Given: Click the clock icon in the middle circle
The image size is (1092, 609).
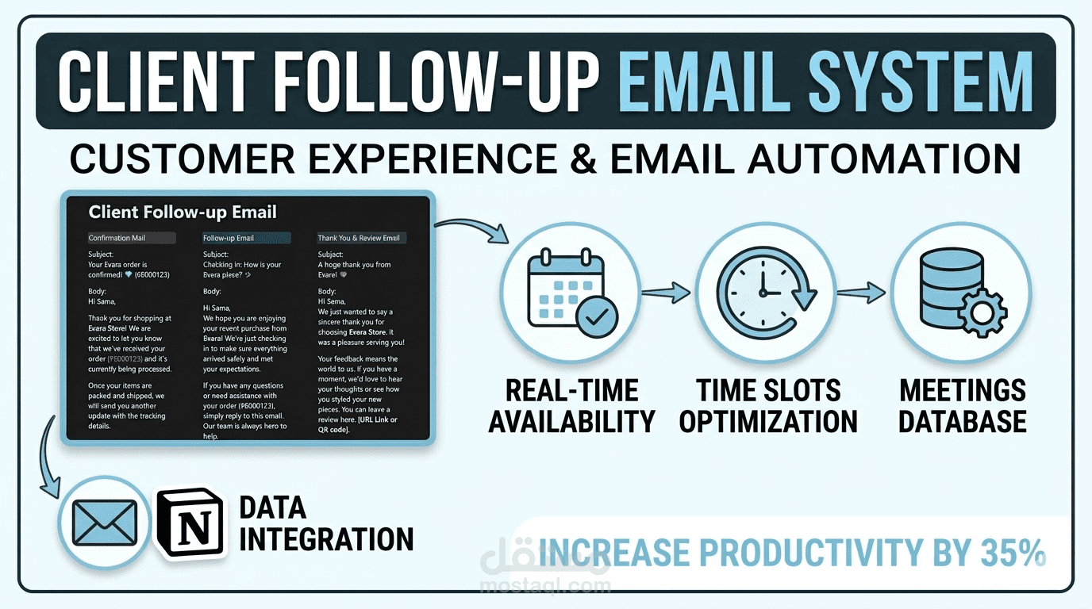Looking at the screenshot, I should (766, 291).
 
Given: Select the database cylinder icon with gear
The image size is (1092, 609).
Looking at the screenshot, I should (959, 291).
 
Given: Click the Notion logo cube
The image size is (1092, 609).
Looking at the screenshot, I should (192, 523).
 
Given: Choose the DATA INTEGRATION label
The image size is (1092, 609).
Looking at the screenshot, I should (325, 523).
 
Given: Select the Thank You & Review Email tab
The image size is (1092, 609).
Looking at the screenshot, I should (360, 238).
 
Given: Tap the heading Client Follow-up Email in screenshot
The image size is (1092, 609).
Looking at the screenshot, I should (183, 212).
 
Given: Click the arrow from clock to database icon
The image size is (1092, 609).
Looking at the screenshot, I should (860, 293).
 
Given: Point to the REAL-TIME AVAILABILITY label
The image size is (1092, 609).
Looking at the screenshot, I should (571, 406).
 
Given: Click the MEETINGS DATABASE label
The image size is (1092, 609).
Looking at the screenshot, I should (962, 406).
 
